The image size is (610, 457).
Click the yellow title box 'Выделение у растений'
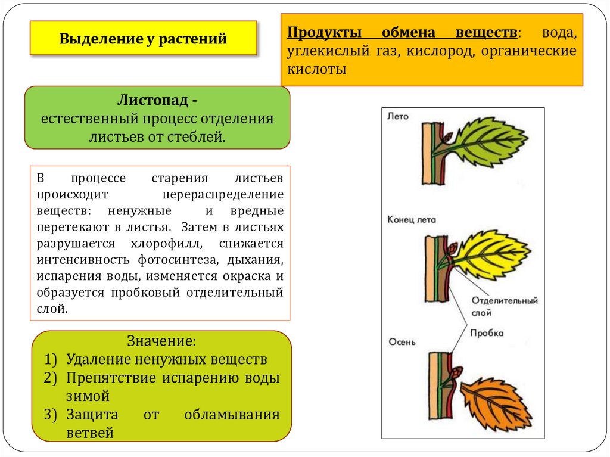point(143,39)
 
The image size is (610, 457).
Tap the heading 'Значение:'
point(161,342)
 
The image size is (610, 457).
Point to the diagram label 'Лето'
point(398,117)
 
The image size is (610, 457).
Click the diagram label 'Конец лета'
point(412,219)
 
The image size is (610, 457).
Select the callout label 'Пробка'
point(487,334)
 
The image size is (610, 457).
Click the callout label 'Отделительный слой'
point(504,306)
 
